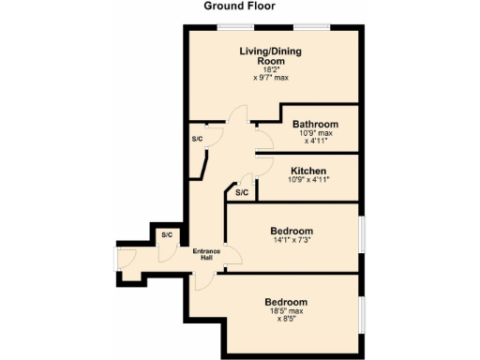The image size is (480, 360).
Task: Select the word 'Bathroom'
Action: pos(315,124)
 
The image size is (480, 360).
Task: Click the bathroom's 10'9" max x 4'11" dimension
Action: pos(315,137)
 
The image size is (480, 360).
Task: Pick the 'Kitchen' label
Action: pos(308,171)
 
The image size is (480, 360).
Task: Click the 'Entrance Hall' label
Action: pos(205,254)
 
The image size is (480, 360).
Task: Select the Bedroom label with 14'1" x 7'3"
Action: pos(292,231)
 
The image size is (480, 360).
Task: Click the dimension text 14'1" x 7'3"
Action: pos(292,241)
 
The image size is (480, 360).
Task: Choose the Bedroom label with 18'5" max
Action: pos(285,302)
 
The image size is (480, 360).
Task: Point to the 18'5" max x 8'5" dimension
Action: pos(285,315)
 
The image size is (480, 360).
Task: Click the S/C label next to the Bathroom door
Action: pos(197,139)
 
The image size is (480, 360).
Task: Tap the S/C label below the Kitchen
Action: pos(241,192)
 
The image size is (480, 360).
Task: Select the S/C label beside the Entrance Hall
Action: pos(167,234)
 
